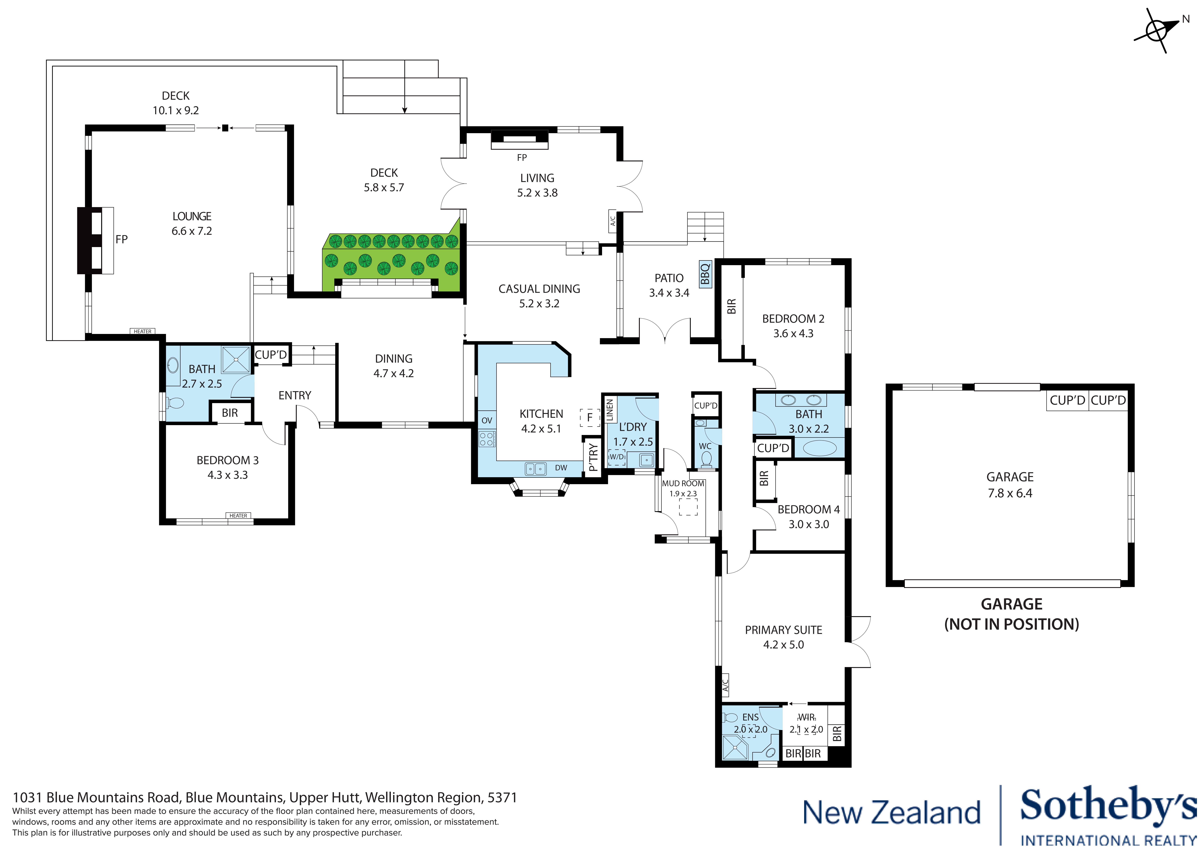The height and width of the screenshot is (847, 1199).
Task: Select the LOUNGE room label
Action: pos(192,216)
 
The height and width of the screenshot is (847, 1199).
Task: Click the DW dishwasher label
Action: pos(561,468)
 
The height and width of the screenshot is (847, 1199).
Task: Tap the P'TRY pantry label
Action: pos(593,457)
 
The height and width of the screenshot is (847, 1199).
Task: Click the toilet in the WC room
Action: pos(706,459)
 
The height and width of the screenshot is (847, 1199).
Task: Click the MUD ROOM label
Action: pos(683,483)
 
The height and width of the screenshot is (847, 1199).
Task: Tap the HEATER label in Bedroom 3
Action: pos(238,516)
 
